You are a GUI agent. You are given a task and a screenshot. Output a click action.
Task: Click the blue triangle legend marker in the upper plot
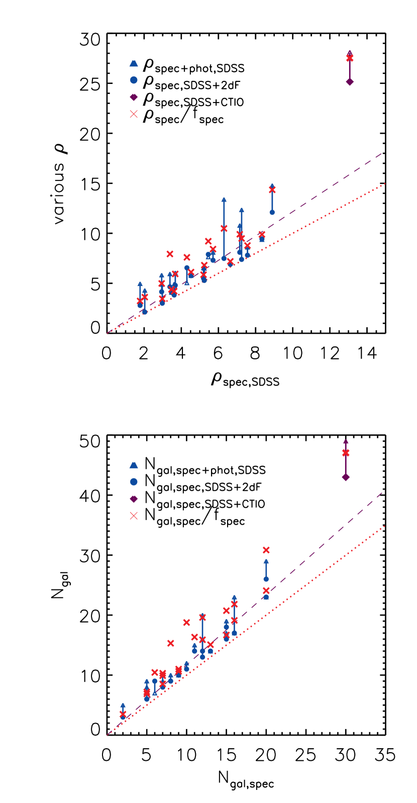click(134, 63)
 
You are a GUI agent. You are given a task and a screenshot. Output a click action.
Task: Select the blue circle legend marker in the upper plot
click(134, 80)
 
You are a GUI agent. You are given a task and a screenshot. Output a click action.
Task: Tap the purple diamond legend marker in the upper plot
click(134, 97)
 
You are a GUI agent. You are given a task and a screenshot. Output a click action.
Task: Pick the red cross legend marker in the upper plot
click(134, 114)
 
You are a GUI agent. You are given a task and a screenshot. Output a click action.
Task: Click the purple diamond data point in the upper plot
click(350, 81)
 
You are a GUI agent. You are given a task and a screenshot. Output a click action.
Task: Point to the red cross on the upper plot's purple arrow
click(350, 58)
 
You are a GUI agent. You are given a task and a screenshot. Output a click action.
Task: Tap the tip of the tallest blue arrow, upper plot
click(224, 199)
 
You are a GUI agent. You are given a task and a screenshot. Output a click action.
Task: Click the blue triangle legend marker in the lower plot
click(134, 465)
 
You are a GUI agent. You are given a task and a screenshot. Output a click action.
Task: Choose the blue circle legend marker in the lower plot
click(134, 482)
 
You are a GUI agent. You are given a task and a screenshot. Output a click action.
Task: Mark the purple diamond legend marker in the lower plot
click(134, 499)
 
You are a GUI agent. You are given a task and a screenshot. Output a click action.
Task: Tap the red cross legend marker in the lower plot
click(134, 516)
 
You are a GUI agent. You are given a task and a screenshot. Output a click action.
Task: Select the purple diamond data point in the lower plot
click(346, 477)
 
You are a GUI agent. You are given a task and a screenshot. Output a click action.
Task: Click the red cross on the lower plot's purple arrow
click(346, 453)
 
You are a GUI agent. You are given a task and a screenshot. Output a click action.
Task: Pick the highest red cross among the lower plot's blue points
click(266, 550)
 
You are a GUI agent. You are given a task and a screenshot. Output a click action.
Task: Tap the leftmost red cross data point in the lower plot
click(123, 714)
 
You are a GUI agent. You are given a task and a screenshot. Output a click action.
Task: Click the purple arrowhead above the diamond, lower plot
click(346, 442)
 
